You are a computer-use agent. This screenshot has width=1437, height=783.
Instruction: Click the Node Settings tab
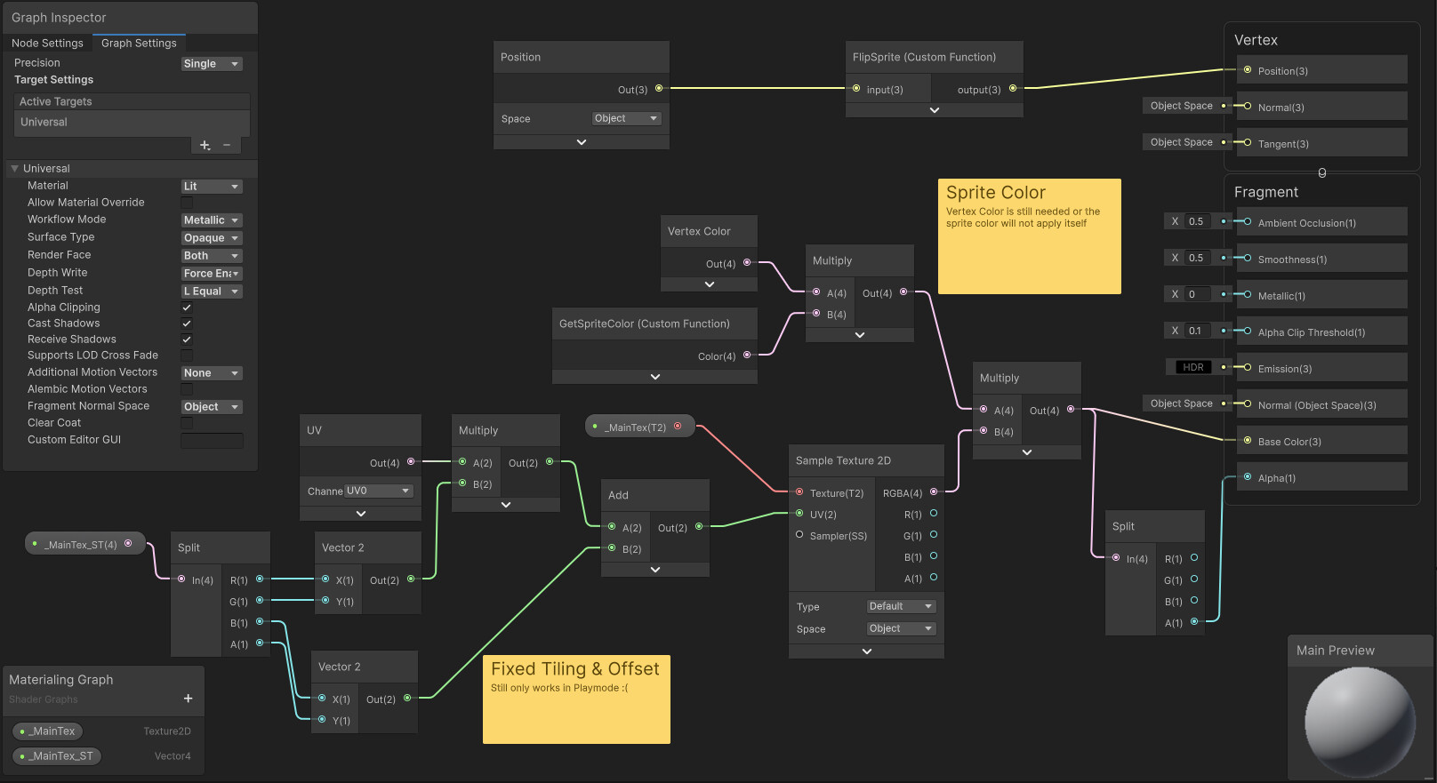(47, 43)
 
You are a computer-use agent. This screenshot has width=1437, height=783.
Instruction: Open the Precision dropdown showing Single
(211, 64)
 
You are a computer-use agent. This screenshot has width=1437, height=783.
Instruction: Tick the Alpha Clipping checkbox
(187, 308)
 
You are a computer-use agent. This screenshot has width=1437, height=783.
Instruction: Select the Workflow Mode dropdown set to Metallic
(211, 220)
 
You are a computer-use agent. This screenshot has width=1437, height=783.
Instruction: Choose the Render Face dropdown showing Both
(211, 256)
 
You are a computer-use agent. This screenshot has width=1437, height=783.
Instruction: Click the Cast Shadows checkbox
(187, 324)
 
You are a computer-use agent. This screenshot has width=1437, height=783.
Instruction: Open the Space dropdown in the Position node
(626, 118)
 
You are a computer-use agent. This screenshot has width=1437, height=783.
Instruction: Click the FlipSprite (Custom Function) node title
(924, 57)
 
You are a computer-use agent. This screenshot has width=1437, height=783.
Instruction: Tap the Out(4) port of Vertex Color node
(747, 263)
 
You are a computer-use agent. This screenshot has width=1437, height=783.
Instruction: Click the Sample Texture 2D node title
(843, 460)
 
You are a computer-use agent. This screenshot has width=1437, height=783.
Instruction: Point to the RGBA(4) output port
(934, 492)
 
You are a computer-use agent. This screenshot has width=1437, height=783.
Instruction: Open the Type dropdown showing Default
(901, 606)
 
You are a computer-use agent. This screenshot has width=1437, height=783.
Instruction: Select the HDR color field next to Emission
(1192, 367)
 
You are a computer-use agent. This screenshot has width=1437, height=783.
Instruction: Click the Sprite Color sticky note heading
(995, 193)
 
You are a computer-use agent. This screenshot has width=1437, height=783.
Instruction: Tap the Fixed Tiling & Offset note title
(574, 669)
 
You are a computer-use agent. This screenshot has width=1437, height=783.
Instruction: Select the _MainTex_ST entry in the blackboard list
(58, 756)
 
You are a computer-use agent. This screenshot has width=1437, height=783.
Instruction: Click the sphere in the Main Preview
(1359, 721)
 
